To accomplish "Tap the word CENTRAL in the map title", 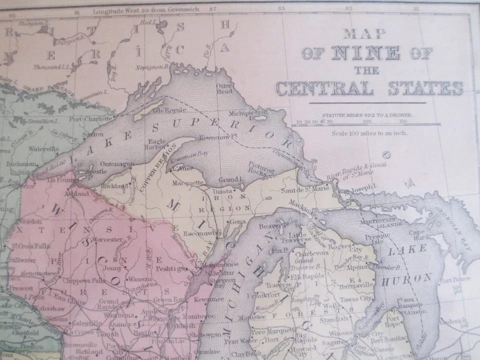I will point(324,88).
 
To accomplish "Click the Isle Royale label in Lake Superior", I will point(169,109).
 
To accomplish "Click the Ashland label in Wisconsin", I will point(79,193).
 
